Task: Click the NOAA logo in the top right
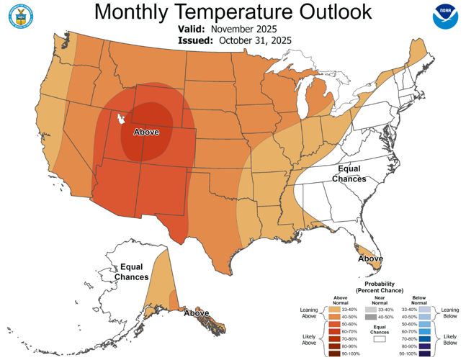[x=444, y=17]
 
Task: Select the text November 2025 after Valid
[x=244, y=29]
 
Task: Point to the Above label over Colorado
[x=146, y=132]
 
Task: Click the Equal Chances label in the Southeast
[x=349, y=173]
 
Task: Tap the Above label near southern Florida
[x=370, y=258]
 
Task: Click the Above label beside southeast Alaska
[x=196, y=313]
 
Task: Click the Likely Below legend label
[x=450, y=338]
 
